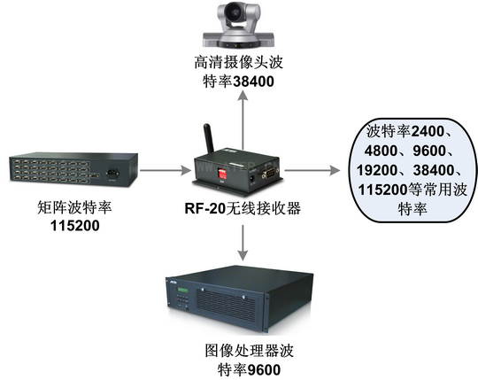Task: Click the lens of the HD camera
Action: click(x=235, y=12)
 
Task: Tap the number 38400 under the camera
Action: click(x=253, y=81)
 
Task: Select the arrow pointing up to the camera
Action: click(x=243, y=120)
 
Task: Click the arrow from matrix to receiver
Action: click(x=165, y=170)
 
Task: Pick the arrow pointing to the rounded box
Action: click(x=312, y=170)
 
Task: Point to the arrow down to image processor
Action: click(x=243, y=243)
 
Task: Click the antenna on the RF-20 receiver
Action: click(x=209, y=139)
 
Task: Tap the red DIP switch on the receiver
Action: click(x=222, y=174)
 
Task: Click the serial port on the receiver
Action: click(x=269, y=174)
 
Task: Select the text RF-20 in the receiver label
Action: click(x=204, y=209)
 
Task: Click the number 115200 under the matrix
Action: click(x=75, y=226)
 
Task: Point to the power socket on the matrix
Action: click(x=112, y=174)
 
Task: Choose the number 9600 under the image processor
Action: click(x=264, y=370)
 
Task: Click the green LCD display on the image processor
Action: click(x=182, y=290)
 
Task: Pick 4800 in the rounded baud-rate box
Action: click(x=381, y=151)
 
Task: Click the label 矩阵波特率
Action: click(x=74, y=207)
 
